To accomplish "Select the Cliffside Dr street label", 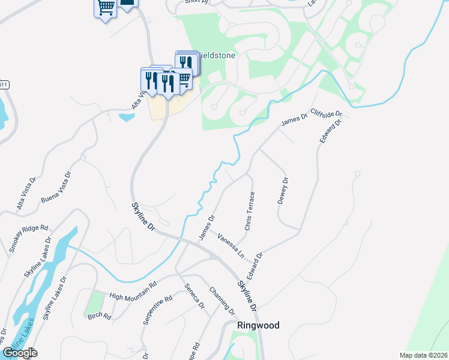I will pyautogui.click(x=327, y=113).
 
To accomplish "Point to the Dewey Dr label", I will pyautogui.click(x=283, y=191).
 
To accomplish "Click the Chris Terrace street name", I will pyautogui.click(x=250, y=211).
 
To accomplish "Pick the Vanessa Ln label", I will pyautogui.click(x=231, y=245).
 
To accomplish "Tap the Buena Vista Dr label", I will pyautogui.click(x=56, y=187).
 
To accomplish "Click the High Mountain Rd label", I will pyautogui.click(x=133, y=289).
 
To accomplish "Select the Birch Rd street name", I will pyautogui.click(x=99, y=316).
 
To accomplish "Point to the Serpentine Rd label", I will pyautogui.click(x=158, y=310).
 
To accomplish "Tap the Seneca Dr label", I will pyautogui.click(x=195, y=296).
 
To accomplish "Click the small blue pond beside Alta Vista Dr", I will pyautogui.click(x=127, y=117).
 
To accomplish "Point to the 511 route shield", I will pyautogui.click(x=4, y=85).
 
